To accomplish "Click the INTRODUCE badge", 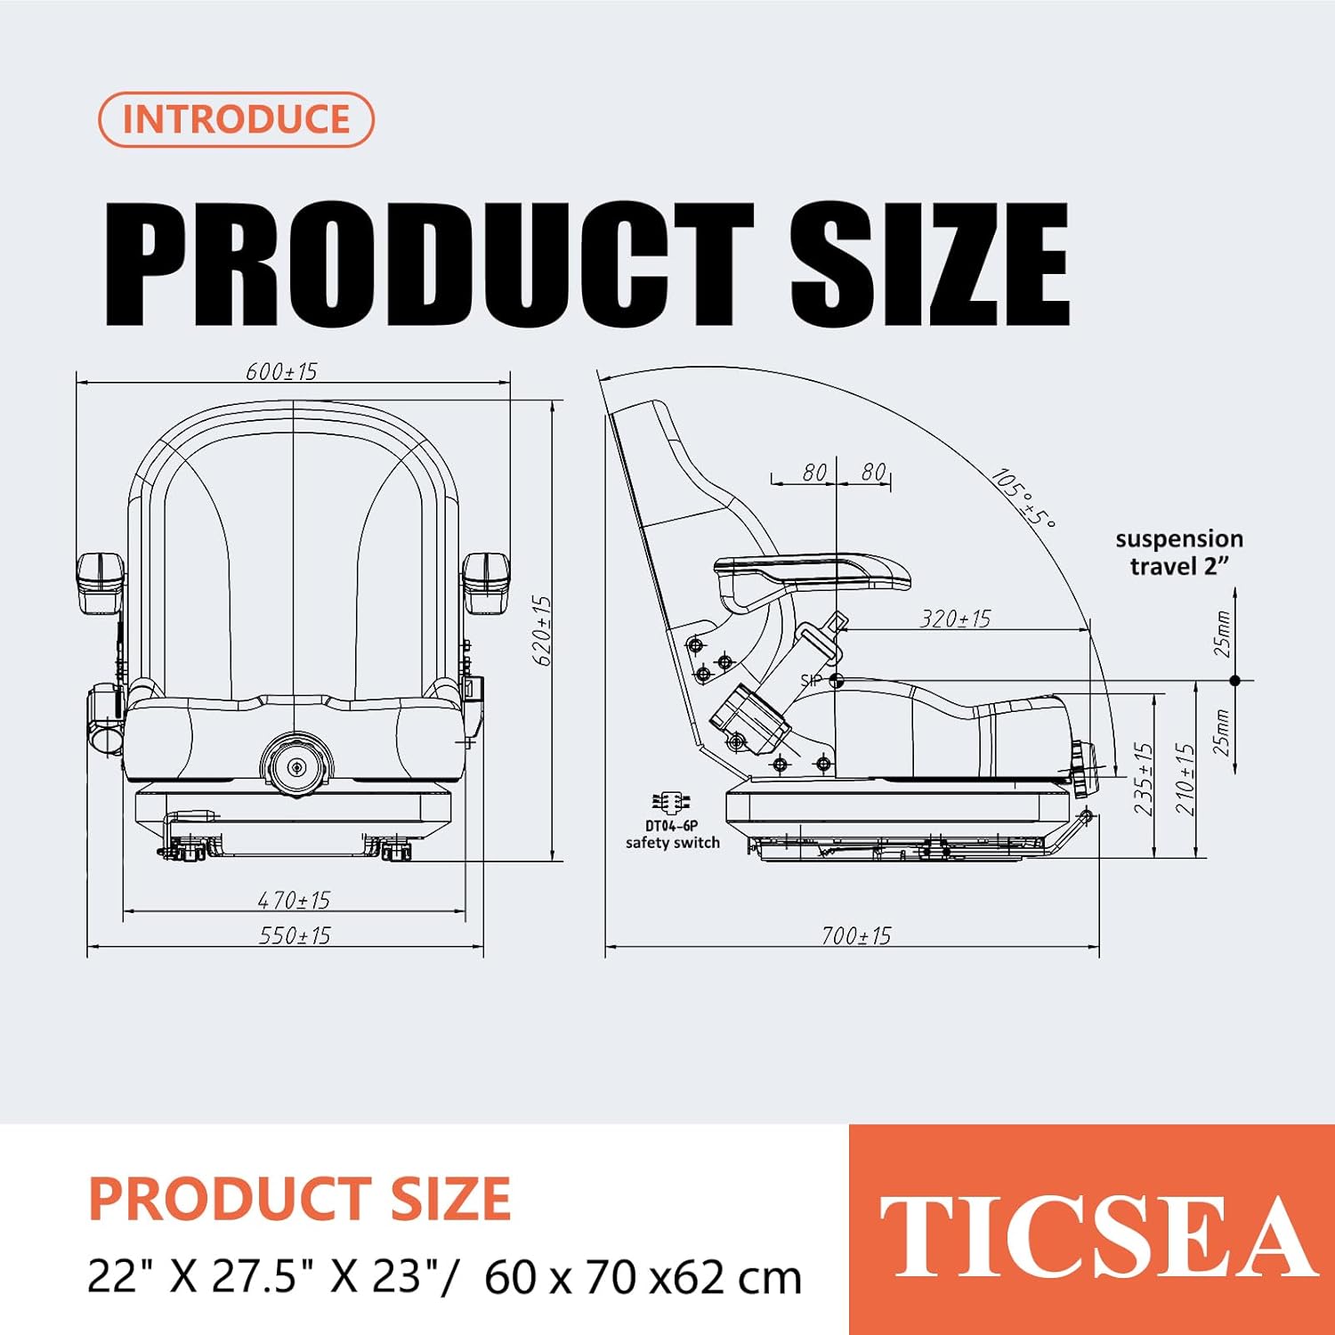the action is point(236,119).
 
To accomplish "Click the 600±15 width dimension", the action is point(281,371).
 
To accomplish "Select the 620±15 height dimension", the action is point(542,630).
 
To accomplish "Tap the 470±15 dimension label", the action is point(294,900).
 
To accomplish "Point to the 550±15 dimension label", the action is point(294,935).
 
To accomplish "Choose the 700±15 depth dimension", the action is point(855,935).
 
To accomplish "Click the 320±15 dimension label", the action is point(955,619).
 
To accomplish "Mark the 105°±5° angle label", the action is point(1023,498).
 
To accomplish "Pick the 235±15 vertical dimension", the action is point(1144,779).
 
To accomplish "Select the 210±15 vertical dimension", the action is point(1185,779).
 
